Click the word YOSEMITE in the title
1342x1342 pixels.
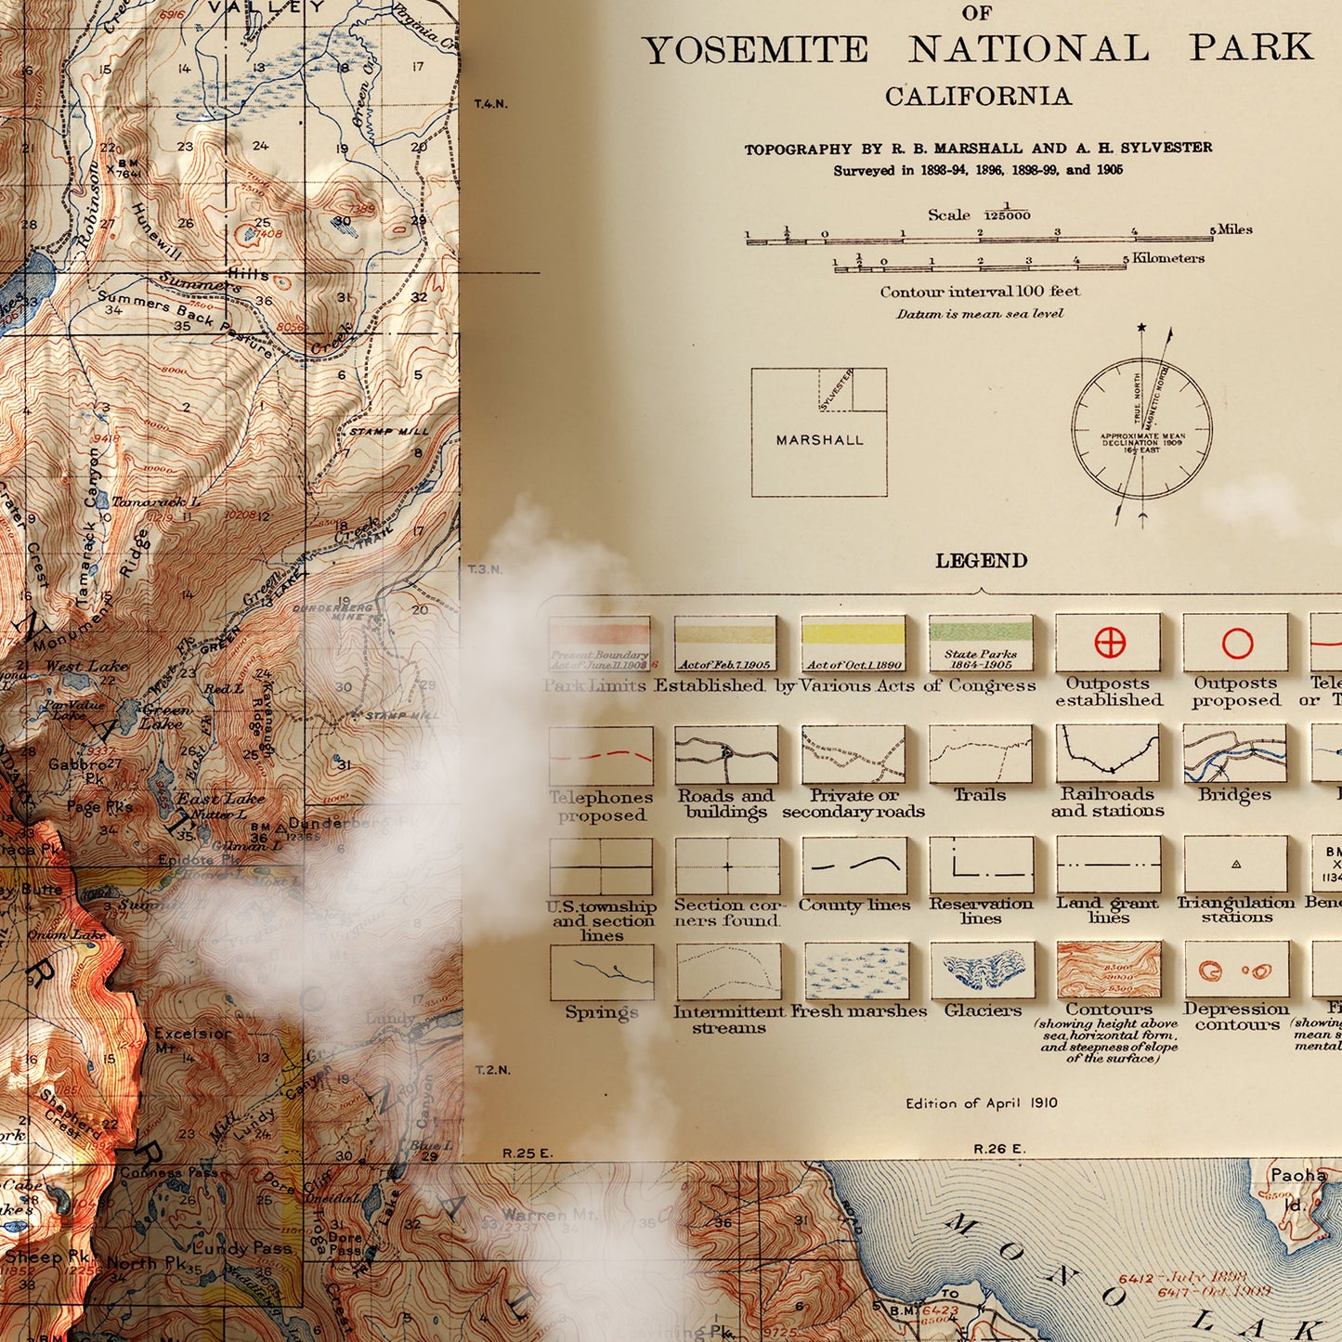[x=755, y=50]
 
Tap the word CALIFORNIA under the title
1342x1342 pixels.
[x=978, y=97]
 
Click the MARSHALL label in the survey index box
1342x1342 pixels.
[x=819, y=440]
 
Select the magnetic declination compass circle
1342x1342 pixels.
[x=1141, y=429]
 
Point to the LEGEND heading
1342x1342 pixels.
[x=981, y=561]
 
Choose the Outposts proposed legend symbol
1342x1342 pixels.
[x=1237, y=643]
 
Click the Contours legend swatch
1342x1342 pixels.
[x=1109, y=970]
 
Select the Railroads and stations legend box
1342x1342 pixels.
[x=1107, y=753]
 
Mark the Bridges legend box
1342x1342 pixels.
[x=1234, y=753]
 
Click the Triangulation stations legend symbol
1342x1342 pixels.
[x=1235, y=864]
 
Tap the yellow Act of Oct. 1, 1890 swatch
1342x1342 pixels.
[x=853, y=635]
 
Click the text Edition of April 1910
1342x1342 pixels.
[x=981, y=1103]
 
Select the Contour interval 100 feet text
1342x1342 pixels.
[x=979, y=292]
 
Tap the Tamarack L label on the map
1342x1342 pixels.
[x=155, y=502]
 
